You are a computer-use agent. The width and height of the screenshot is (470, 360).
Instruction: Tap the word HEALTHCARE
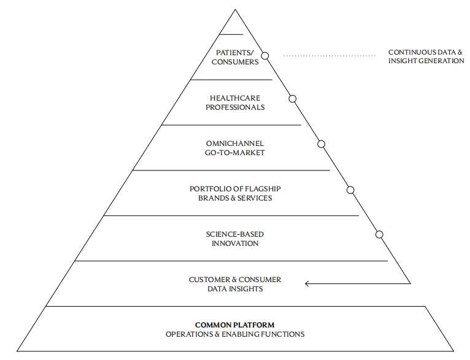(x=235, y=98)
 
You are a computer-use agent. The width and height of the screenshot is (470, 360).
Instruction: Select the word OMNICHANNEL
(x=235, y=144)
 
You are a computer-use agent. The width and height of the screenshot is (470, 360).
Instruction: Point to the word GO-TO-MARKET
(x=235, y=152)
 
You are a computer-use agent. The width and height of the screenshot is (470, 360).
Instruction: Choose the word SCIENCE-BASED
(x=235, y=234)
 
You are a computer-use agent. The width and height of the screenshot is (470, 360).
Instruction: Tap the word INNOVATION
(x=235, y=243)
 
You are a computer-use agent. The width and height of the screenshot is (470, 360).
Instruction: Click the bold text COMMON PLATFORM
(x=235, y=325)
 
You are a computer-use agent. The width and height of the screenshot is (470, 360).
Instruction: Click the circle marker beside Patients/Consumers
(x=265, y=55)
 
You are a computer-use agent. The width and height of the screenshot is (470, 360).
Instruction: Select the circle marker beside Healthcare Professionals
(x=293, y=99)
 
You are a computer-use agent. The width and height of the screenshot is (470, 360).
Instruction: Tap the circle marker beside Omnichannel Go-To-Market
(x=321, y=144)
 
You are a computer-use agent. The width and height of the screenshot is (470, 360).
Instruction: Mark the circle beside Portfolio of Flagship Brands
(x=350, y=190)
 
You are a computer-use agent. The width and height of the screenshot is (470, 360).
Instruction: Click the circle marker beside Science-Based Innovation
(x=379, y=234)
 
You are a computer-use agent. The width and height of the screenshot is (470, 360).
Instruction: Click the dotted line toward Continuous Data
(x=329, y=56)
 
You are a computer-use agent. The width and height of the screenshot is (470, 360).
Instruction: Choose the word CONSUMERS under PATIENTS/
(x=235, y=62)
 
